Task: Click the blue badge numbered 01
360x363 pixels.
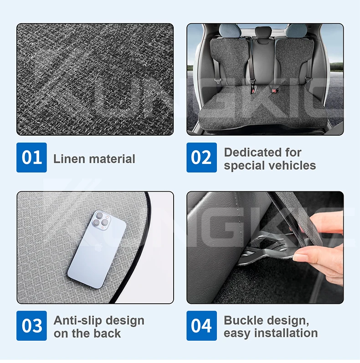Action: click(31, 158)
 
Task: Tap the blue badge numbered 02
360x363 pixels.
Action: click(201, 158)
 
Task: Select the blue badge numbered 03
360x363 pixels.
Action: click(31, 326)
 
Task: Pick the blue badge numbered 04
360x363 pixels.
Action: click(201, 326)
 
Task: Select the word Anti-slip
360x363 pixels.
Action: click(77, 321)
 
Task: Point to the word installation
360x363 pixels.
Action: click(286, 333)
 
